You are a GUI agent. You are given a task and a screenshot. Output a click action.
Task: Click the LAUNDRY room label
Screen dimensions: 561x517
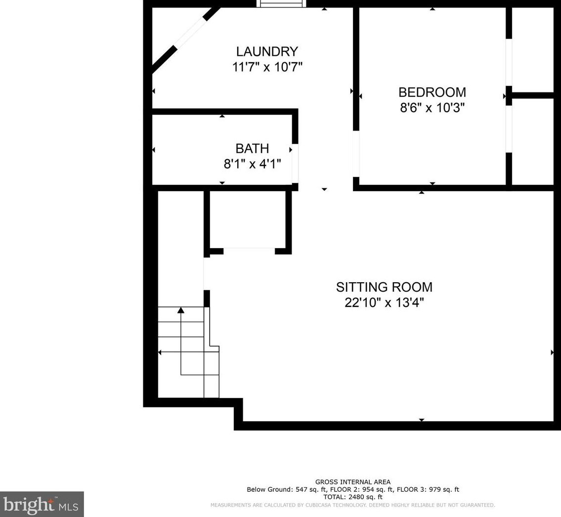pyautogui.click(x=267, y=51)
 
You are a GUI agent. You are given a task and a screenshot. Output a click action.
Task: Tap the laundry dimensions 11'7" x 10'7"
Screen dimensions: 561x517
pyautogui.click(x=267, y=67)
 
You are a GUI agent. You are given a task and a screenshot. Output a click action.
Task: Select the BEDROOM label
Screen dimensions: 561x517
pyautogui.click(x=432, y=92)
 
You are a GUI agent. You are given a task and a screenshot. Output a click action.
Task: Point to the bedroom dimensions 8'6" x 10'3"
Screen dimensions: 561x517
pyautogui.click(x=432, y=107)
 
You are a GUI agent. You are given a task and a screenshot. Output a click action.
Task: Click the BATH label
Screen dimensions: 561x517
pyautogui.click(x=252, y=148)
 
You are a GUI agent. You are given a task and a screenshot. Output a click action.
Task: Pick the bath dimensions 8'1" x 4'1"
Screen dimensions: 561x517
pyautogui.click(x=252, y=164)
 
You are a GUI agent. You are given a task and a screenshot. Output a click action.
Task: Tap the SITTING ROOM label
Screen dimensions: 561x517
pyautogui.click(x=384, y=287)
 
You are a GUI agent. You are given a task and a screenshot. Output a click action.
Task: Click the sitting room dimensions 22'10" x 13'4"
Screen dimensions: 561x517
pyautogui.click(x=384, y=302)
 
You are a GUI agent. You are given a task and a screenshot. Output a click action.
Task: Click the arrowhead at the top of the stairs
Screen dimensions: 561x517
pyautogui.click(x=181, y=310)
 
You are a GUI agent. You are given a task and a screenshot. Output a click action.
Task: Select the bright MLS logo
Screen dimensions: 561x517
pyautogui.click(x=42, y=504)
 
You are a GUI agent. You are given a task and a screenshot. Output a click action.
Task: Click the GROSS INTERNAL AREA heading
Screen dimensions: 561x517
pyautogui.click(x=353, y=482)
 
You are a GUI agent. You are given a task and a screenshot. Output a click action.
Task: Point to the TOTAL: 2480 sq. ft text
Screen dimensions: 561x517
pyautogui.click(x=353, y=497)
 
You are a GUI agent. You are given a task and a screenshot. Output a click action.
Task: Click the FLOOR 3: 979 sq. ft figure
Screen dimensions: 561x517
pyautogui.click(x=428, y=489)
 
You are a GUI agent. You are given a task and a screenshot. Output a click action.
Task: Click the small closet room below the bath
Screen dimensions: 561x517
pyautogui.click(x=248, y=219)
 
